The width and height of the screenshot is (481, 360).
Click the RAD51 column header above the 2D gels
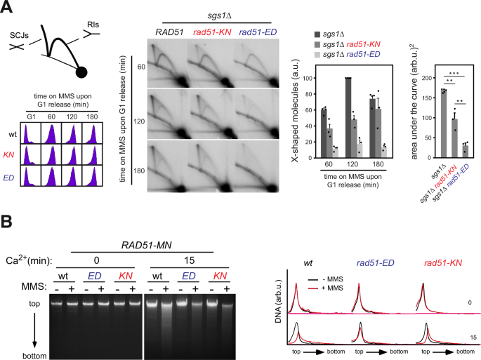pos(167,32)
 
